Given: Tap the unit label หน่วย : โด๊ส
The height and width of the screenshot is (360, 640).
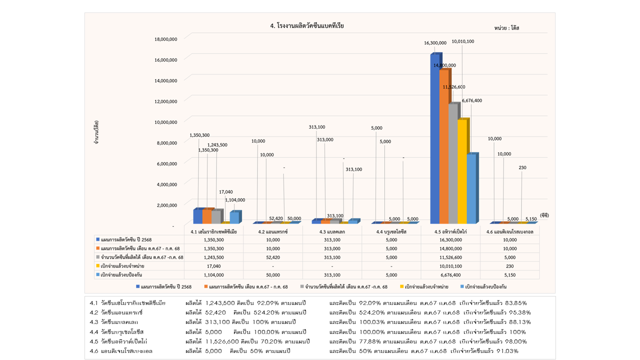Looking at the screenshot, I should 506,28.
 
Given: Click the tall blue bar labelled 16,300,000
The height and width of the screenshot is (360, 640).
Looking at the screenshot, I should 435,137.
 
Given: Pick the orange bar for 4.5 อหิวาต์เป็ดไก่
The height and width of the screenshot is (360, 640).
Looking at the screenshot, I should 444,146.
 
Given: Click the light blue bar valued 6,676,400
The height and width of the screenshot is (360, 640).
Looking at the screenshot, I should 471,188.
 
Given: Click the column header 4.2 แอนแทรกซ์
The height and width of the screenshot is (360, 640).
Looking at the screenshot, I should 273,231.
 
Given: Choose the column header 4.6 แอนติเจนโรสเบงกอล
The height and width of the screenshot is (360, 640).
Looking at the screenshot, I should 510,231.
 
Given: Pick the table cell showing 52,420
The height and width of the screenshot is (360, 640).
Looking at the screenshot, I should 273,257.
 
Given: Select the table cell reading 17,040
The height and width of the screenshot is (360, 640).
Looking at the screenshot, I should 213,266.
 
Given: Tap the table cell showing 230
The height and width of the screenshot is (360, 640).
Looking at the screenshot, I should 510,266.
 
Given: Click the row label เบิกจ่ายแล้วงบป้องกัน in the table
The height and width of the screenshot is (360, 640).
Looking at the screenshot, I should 122,274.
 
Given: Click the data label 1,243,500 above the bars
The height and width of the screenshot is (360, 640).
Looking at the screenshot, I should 217,145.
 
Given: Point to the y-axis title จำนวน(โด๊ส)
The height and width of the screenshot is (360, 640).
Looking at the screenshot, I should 95,132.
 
